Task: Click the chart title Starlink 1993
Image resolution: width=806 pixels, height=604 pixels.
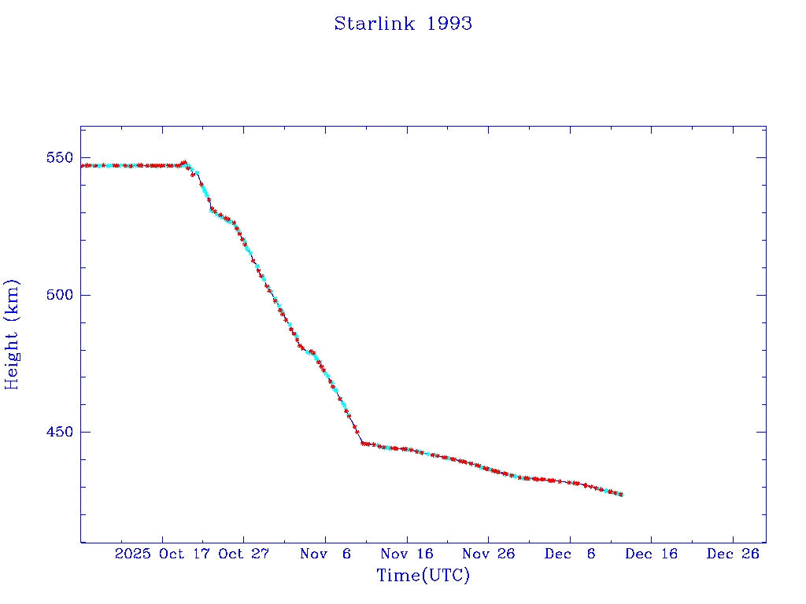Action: pyautogui.click(x=403, y=24)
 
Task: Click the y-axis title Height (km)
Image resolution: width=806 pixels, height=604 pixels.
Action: pyautogui.click(x=12, y=334)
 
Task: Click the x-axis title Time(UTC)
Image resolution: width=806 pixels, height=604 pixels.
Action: pyautogui.click(x=423, y=576)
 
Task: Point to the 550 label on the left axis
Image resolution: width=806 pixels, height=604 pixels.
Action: pyautogui.click(x=60, y=157)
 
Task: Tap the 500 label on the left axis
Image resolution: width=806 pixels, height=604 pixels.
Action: pyautogui.click(x=60, y=295)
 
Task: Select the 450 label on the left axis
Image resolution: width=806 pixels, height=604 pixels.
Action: pyautogui.click(x=60, y=432)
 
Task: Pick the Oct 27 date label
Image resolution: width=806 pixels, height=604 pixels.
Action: pyautogui.click(x=244, y=554)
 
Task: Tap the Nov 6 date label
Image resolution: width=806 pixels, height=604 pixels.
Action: pyautogui.click(x=325, y=554)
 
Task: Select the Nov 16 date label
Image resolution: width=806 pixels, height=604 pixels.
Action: pyautogui.click(x=407, y=554)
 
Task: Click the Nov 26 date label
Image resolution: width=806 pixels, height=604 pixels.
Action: pyautogui.click(x=488, y=554)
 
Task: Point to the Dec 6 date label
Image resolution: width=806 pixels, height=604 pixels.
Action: pyautogui.click(x=570, y=554)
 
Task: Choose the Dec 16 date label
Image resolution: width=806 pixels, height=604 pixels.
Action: pyautogui.click(x=651, y=554)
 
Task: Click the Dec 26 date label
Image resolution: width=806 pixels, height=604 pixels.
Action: pyautogui.click(x=733, y=554)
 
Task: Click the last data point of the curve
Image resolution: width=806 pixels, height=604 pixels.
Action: pyautogui.click(x=622, y=494)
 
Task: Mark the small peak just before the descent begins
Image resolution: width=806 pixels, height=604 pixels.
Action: pyautogui.click(x=184, y=163)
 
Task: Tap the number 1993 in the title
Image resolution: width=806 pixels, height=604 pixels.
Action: pyautogui.click(x=449, y=24)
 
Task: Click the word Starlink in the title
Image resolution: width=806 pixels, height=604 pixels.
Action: pyautogui.click(x=376, y=24)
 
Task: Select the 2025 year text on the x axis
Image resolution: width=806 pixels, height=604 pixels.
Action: pyautogui.click(x=131, y=554)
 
